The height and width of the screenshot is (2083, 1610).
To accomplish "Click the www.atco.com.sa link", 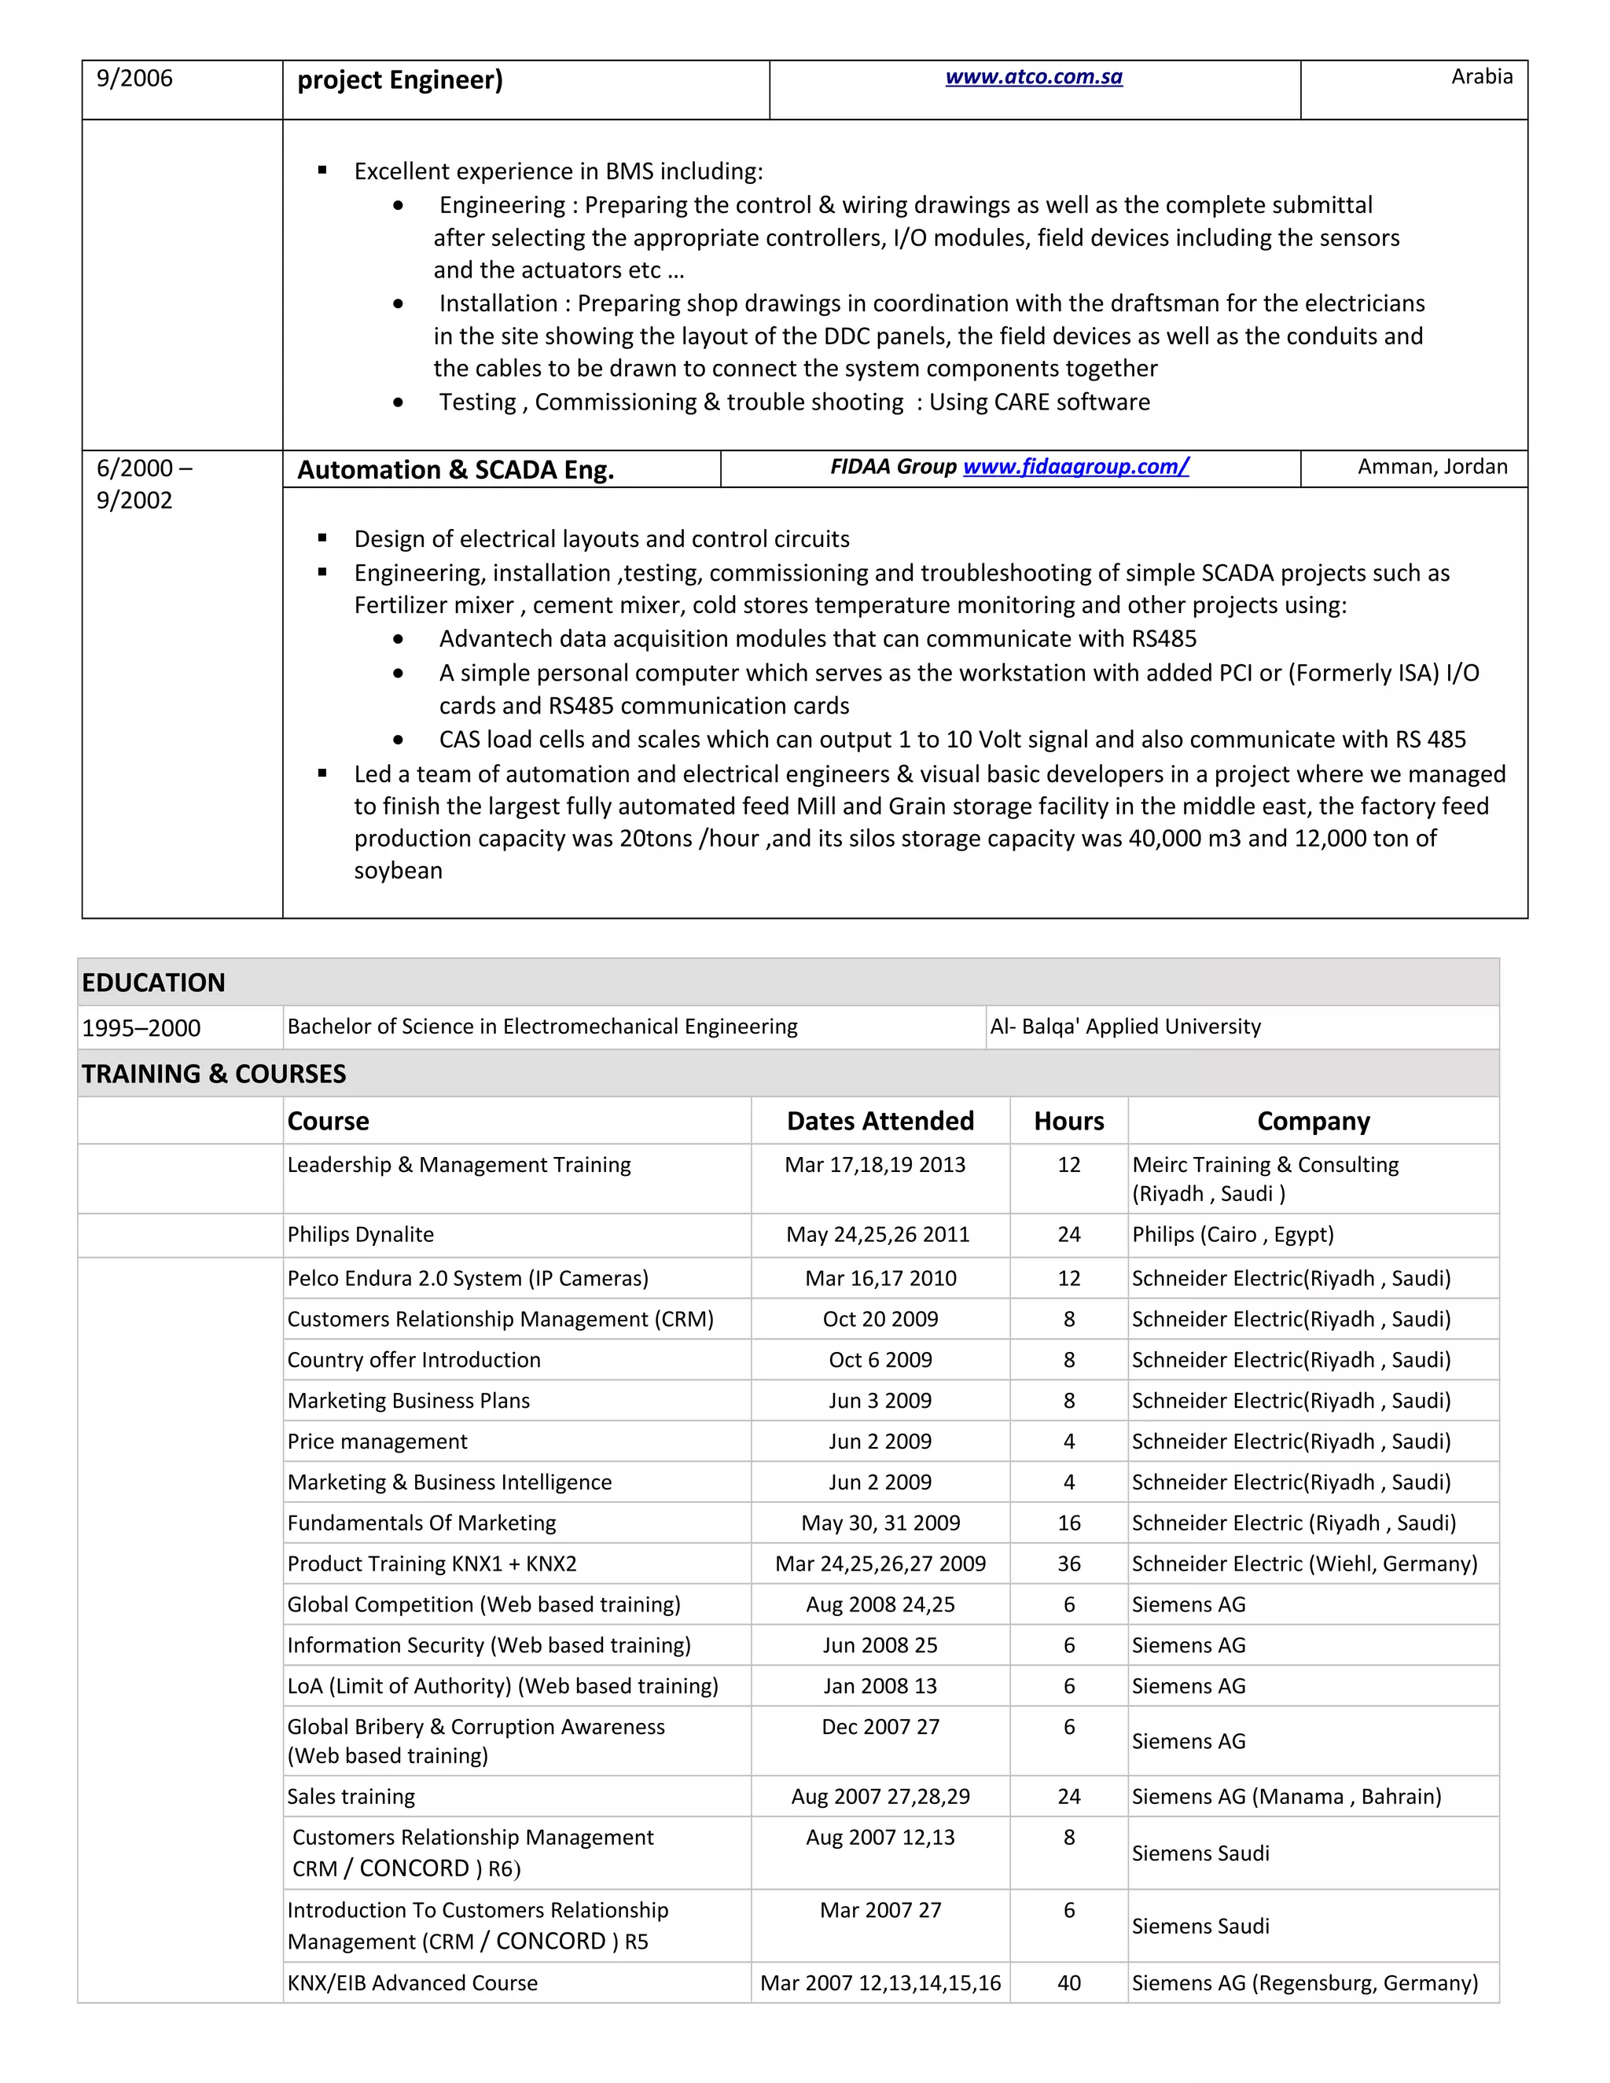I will [x=1033, y=77].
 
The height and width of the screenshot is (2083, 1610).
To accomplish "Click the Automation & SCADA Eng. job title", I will [x=456, y=469].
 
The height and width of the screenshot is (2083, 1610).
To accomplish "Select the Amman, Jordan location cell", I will [x=1432, y=466].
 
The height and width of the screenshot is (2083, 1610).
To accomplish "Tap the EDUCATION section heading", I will [x=153, y=983].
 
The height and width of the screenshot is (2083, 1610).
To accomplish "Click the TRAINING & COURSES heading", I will [x=214, y=1074].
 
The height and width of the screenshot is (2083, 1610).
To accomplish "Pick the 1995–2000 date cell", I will [x=142, y=1028].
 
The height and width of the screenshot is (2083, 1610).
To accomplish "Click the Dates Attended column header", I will [x=880, y=1121].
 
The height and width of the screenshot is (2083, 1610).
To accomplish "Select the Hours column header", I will [x=1068, y=1121].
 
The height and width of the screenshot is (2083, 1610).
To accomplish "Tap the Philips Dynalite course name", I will [x=361, y=1234].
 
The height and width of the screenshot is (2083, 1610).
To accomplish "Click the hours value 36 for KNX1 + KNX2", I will [x=1068, y=1563].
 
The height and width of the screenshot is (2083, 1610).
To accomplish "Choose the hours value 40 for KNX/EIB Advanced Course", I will [x=1068, y=1983].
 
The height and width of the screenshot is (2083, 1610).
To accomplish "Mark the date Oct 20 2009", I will [x=880, y=1319].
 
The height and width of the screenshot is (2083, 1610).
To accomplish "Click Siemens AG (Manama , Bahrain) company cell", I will [x=1285, y=1796].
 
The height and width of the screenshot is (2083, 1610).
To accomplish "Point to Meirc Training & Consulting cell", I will [x=1265, y=1165].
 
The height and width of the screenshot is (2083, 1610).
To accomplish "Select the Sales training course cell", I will [x=351, y=1796].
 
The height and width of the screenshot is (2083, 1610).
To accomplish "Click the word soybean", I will [x=398, y=871].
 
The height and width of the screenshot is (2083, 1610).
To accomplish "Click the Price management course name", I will [x=377, y=1441].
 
